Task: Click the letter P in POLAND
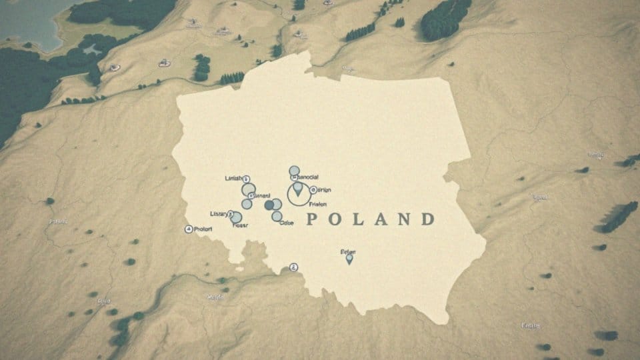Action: [x=311, y=220]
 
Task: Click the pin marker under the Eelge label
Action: [x=349, y=259]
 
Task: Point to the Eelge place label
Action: [x=348, y=252]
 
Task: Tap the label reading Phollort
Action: [x=203, y=229]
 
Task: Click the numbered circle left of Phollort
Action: [x=188, y=229]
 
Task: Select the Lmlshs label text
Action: [x=233, y=179]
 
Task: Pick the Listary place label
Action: [x=219, y=214]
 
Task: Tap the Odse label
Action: [x=287, y=223]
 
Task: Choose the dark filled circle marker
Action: [x=269, y=205]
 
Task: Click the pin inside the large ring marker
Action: [x=298, y=191]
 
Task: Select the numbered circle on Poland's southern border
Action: [x=294, y=267]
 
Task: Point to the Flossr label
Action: [x=240, y=225]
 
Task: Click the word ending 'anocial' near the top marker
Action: [x=306, y=177]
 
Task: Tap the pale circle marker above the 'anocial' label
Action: [x=294, y=171]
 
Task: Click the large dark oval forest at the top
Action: [x=445, y=18]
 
